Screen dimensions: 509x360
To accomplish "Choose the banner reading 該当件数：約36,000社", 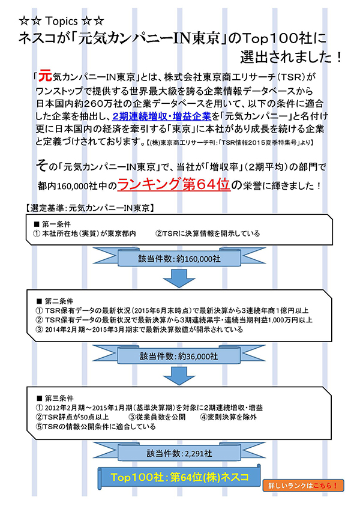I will pyautogui.click(x=179, y=355).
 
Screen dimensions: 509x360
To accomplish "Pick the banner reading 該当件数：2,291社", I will pyautogui.click(x=179, y=452).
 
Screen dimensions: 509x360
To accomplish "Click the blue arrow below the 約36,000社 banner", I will pyautogui.click(x=179, y=376).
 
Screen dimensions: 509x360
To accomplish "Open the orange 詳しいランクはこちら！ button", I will pyautogui.click(x=304, y=484).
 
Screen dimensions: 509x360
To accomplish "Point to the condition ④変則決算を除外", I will pyautogui.click(x=229, y=417).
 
